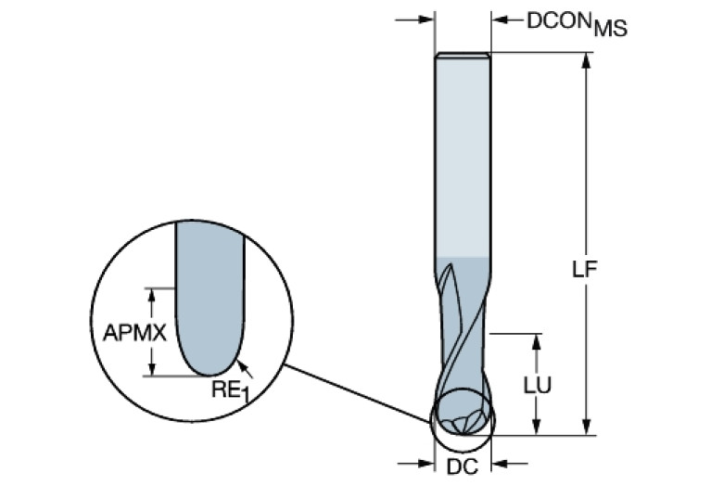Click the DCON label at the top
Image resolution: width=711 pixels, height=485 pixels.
click(558, 19)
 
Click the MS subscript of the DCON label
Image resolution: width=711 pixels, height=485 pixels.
click(610, 29)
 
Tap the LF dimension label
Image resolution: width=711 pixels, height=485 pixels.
click(584, 269)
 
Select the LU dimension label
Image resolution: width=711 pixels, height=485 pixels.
click(537, 385)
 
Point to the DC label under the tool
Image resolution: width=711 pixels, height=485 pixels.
click(463, 466)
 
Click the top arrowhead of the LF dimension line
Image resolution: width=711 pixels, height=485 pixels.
click(585, 59)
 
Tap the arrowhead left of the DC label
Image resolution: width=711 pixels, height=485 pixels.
click(425, 463)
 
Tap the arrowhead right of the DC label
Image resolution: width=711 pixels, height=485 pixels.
click(500, 463)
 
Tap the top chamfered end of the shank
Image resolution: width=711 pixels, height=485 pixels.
click(463, 55)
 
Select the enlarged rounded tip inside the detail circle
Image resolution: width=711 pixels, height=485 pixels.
click(209, 343)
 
